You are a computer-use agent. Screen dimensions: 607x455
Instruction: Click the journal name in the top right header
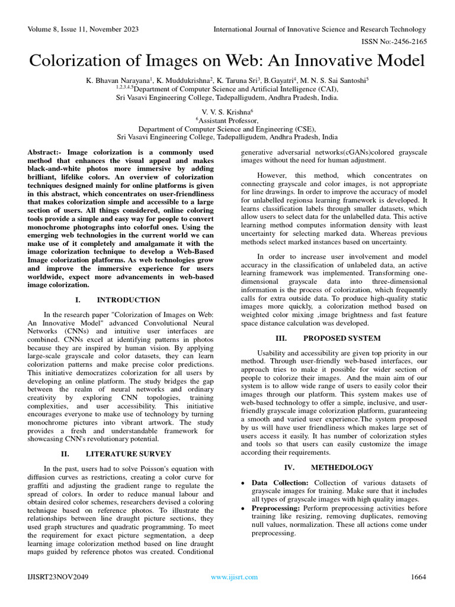point(319,29)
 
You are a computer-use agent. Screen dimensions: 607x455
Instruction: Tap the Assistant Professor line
point(227,119)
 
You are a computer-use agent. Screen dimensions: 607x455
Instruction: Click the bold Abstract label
point(46,153)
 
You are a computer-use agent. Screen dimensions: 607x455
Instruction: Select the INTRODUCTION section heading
point(128,300)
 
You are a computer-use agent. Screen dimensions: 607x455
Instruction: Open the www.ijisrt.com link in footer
point(228,576)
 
